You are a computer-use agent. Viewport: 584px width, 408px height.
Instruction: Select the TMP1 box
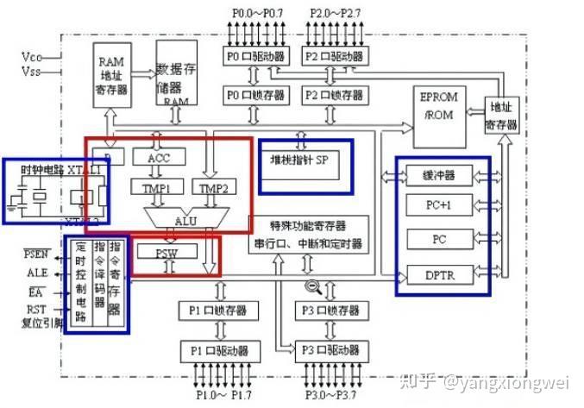pos(151,187)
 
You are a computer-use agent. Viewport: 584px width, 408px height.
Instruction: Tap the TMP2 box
pos(210,188)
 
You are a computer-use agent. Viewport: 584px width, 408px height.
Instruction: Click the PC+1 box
pos(441,205)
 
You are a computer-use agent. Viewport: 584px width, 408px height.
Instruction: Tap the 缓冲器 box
pos(441,176)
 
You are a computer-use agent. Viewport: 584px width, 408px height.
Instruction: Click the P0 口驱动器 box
pos(250,57)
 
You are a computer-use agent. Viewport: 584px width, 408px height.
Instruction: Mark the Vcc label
pos(32,58)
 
